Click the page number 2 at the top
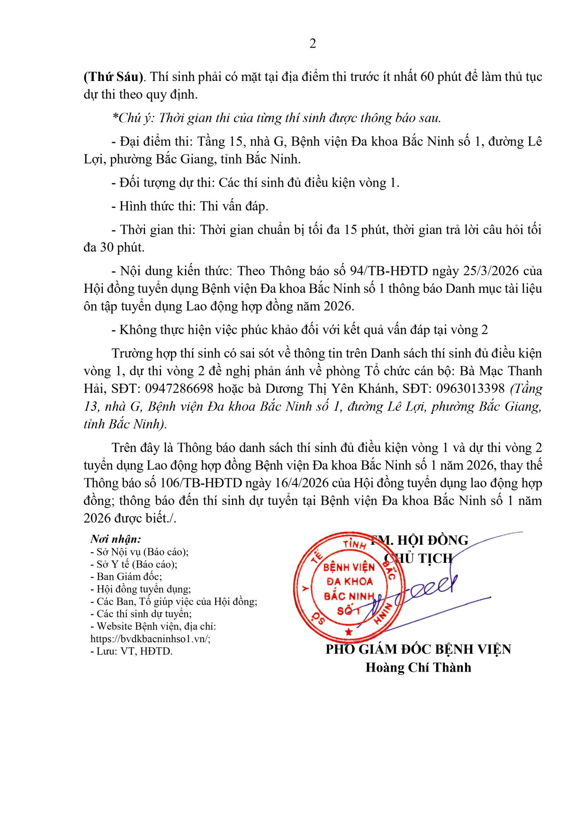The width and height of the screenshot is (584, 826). point(313,43)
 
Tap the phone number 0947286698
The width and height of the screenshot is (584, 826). point(180,389)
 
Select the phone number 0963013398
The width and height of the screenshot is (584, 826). point(470,389)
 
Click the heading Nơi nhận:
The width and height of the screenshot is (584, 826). point(116,539)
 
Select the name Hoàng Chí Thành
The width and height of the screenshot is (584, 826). point(418,667)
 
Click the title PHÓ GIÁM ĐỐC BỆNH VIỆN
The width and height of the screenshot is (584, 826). point(418,649)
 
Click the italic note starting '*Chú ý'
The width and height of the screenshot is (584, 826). point(276,118)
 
